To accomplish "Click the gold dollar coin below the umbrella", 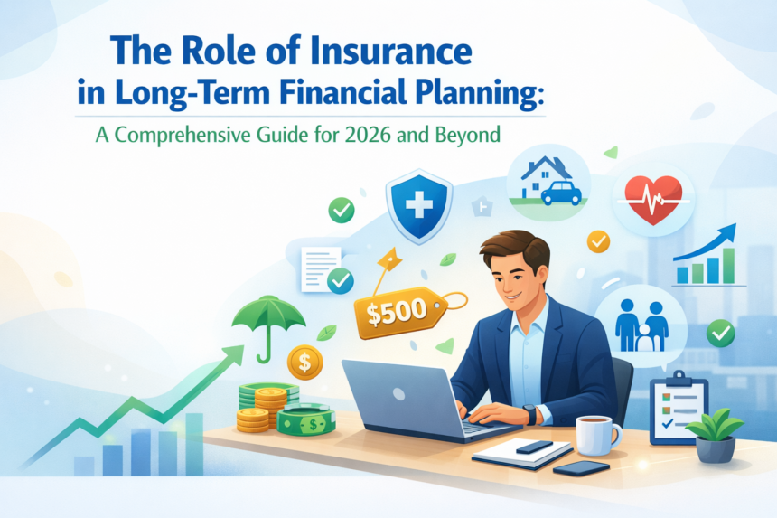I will click(304, 363).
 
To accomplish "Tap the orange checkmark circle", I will click(598, 240).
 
